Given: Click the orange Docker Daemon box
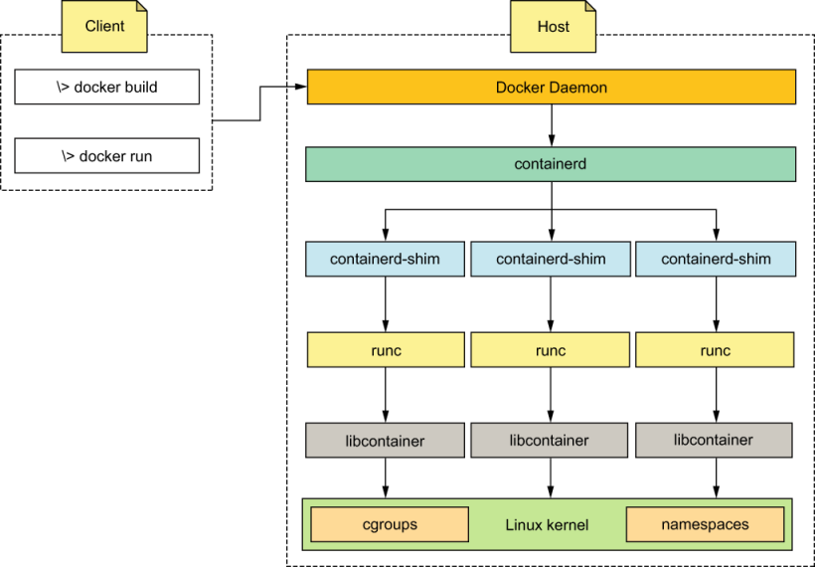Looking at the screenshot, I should point(551,88).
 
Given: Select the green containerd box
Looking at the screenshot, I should point(551,164).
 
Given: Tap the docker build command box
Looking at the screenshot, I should point(107,88).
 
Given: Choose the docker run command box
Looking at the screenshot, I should point(107,156).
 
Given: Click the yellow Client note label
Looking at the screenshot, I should point(104,27).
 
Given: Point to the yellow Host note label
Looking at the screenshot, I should point(554,27).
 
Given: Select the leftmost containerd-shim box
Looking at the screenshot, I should point(385,259).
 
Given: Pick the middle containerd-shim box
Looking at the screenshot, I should point(551,259).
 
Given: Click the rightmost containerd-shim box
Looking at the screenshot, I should point(716,259).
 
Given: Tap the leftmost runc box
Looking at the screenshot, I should point(385,350).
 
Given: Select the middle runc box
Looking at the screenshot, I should point(551,350).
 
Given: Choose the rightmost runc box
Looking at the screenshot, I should point(715,350).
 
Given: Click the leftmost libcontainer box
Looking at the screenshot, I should point(385,440).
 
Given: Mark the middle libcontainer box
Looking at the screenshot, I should point(550,440).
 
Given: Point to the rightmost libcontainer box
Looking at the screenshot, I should point(714,440).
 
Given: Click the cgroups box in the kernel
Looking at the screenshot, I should point(390,524).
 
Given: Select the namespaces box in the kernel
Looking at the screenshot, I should point(705,524).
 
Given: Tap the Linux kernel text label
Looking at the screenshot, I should point(547,524).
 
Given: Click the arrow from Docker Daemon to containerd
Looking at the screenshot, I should point(551,125).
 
